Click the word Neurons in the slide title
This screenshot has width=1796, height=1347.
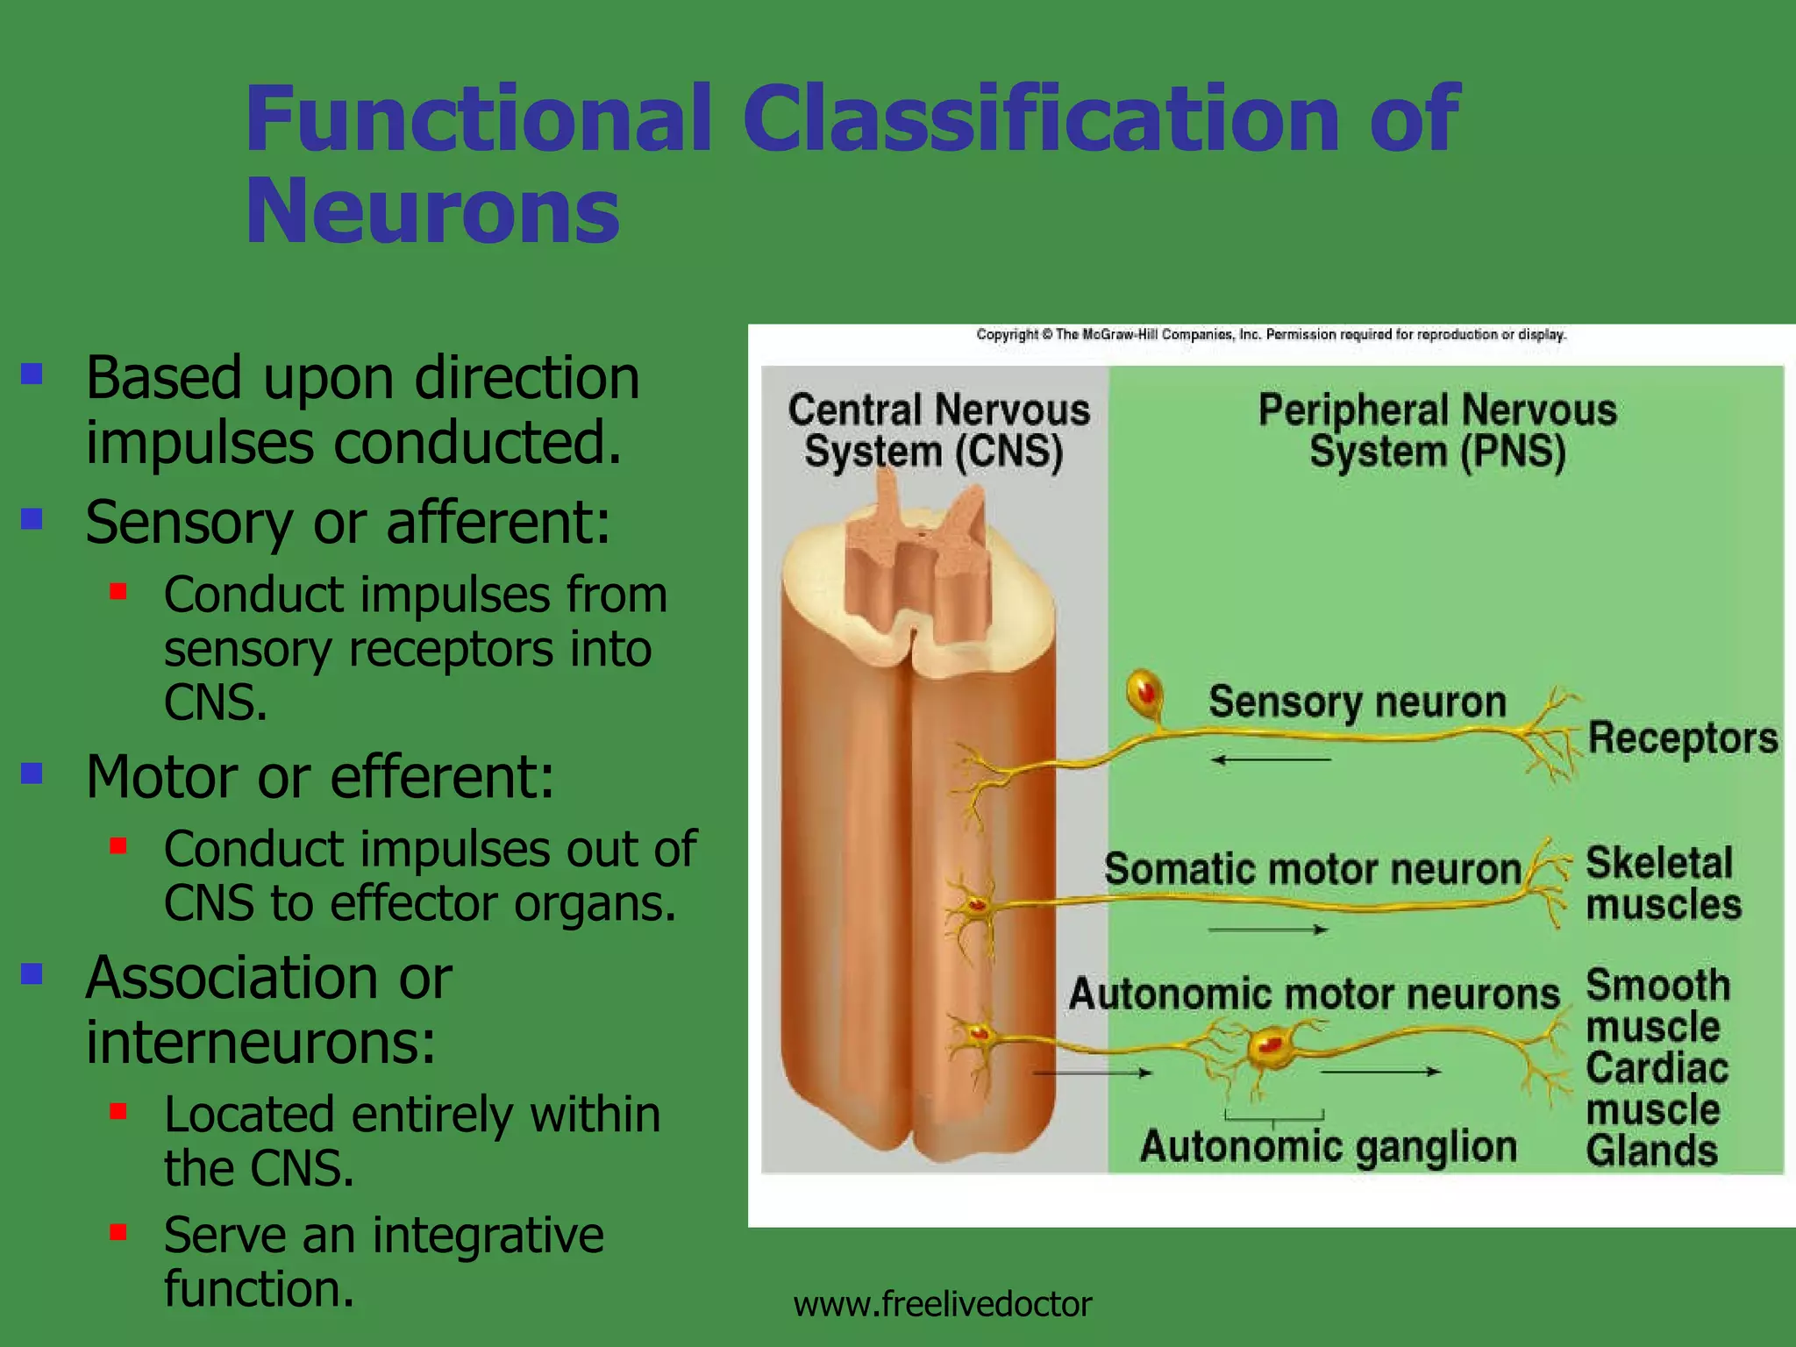coord(432,211)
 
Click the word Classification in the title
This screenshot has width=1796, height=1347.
coord(1040,118)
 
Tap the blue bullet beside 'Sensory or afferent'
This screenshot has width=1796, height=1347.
coord(32,519)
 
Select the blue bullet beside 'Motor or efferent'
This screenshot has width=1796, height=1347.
coord(32,773)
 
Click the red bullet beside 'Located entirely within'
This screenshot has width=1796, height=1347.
coord(118,1112)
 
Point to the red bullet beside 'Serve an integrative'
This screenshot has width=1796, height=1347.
coord(118,1232)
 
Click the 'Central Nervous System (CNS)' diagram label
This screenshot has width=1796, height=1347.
coord(937,431)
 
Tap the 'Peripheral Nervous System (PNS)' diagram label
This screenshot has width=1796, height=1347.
coord(1437,431)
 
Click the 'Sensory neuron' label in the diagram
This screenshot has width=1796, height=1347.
coord(1357,702)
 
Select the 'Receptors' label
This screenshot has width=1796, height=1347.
coord(1683,738)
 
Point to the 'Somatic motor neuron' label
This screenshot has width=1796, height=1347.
coord(1312,869)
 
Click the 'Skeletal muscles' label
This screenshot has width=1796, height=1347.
coord(1663,883)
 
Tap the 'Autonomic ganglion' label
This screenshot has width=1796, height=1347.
coord(1328,1146)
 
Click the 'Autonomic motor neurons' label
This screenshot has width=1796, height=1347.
coord(1314,994)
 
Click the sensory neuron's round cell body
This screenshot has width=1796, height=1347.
coord(1144,692)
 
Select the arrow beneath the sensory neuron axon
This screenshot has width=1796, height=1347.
coord(1271,760)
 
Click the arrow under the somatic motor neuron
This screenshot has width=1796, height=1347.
coord(1268,930)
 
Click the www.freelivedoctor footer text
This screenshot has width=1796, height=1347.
coord(942,1304)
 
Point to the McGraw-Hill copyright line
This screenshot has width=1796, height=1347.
coord(1271,334)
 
